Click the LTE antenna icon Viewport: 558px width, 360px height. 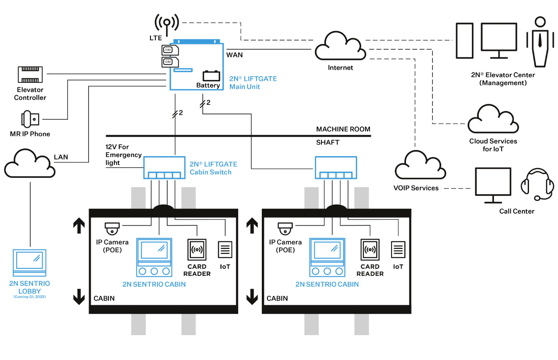click(x=167, y=23)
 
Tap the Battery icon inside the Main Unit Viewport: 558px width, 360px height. click(x=211, y=76)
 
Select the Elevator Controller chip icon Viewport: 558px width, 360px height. click(x=30, y=74)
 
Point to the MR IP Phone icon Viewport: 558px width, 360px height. click(x=30, y=119)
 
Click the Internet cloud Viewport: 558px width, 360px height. click(x=340, y=48)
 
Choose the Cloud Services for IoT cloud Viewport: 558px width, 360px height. click(x=493, y=120)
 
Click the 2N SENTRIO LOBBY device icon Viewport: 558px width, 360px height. click(x=29, y=263)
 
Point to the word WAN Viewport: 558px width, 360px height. click(x=234, y=54)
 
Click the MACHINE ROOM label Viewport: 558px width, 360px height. click(x=343, y=129)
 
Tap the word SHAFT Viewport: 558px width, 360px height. click(x=328, y=142)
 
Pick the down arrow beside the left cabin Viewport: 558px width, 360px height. click(x=79, y=297)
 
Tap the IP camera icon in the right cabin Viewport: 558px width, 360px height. click(x=285, y=229)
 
